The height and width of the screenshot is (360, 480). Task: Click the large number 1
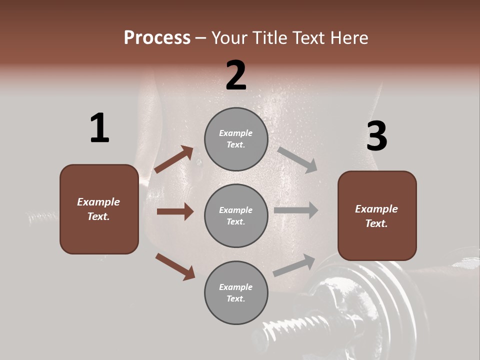[x=99, y=128]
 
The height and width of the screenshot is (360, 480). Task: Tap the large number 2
[x=236, y=75]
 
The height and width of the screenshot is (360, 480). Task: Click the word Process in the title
[x=157, y=37]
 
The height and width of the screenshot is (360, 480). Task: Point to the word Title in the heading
[x=269, y=37]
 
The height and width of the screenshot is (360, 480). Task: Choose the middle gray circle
[x=236, y=215]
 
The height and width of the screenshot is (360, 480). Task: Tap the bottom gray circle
[x=236, y=292]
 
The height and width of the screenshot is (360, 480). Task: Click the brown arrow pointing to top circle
[x=174, y=159]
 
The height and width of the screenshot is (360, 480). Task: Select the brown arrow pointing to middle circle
[x=175, y=211]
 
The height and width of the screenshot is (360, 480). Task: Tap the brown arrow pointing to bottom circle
[x=175, y=266]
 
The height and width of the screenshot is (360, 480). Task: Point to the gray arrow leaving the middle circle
[x=296, y=210]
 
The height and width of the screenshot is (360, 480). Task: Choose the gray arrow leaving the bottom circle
[x=294, y=265]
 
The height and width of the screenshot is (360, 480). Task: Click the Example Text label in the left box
[x=98, y=209]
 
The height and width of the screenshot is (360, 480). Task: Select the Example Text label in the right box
[x=376, y=216]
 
